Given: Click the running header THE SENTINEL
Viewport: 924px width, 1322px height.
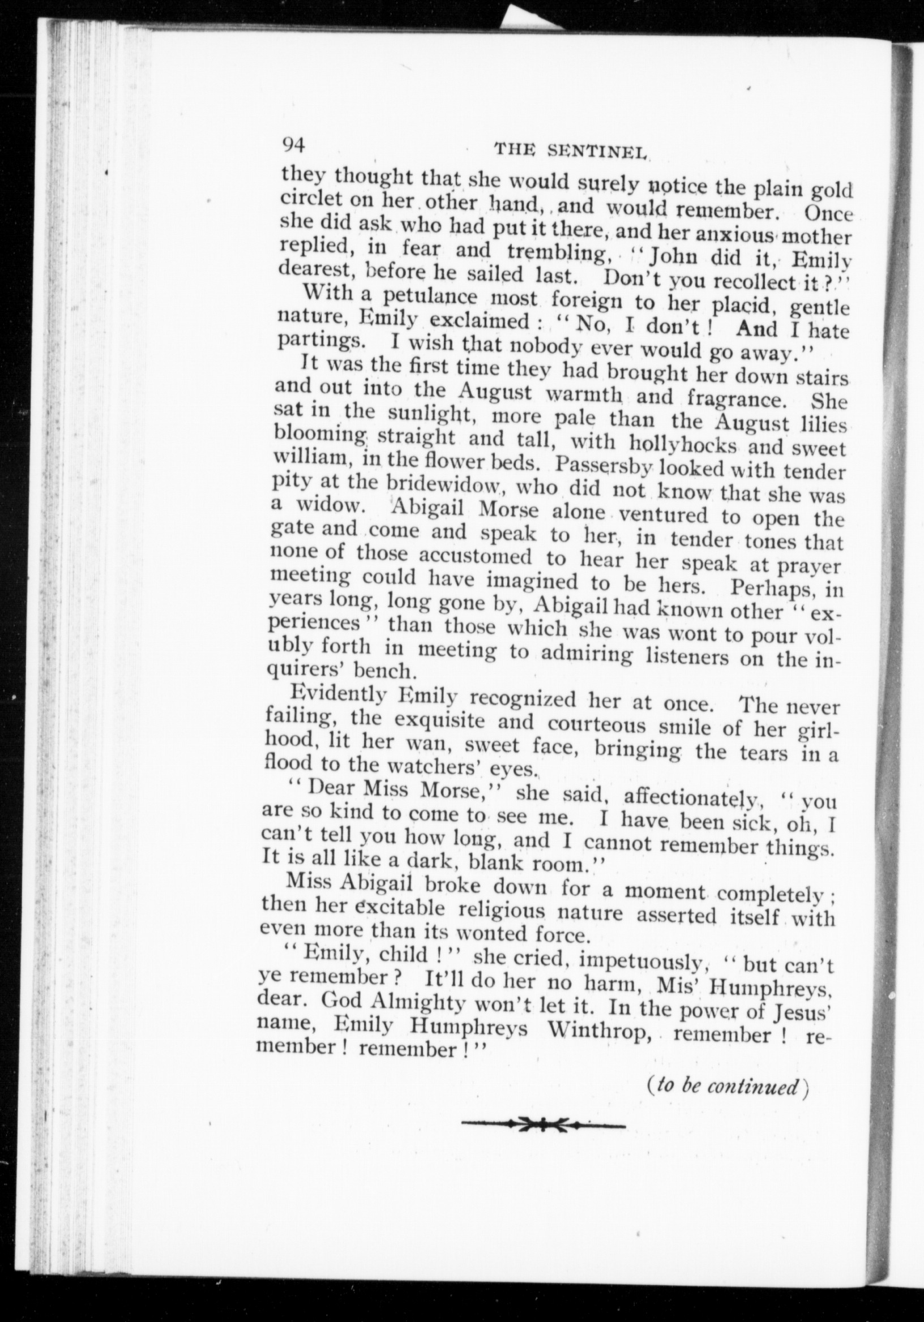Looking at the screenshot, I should click(x=572, y=151).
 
